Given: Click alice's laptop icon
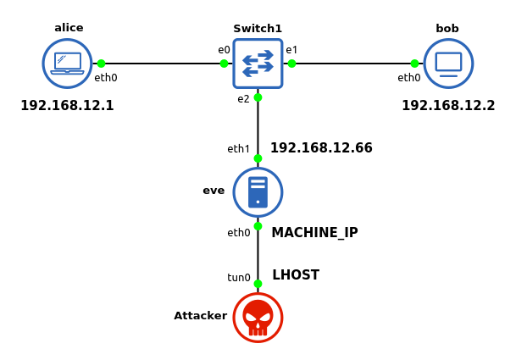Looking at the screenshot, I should pyautogui.click(x=67, y=64).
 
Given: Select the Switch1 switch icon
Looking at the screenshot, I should pyautogui.click(x=258, y=64).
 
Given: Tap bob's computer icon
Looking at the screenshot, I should pyautogui.click(x=448, y=64).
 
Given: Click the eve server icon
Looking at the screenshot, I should pyautogui.click(x=258, y=192).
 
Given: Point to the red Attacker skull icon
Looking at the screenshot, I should pyautogui.click(x=258, y=318).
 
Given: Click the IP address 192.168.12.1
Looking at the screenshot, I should pyautogui.click(x=67, y=106).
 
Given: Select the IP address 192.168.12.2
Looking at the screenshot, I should pyautogui.click(x=448, y=106).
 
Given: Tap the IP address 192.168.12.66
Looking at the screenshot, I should pyautogui.click(x=321, y=148).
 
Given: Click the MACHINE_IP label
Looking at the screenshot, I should pyautogui.click(x=314, y=233).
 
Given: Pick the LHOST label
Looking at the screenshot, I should pyautogui.click(x=296, y=275).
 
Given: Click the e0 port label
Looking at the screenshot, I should pyautogui.click(x=224, y=50).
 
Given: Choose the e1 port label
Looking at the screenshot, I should pyautogui.click(x=291, y=50).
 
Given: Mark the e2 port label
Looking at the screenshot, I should pyautogui.click(x=243, y=99).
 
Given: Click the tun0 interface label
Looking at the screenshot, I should pyautogui.click(x=239, y=278).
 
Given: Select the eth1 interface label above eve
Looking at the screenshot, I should pyautogui.click(x=239, y=149).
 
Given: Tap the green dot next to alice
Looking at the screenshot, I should pyautogui.click(x=101, y=64).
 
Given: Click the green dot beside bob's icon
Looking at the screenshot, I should pyautogui.click(x=414, y=64).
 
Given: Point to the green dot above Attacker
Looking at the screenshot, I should pyautogui.click(x=258, y=284).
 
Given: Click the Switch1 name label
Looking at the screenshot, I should pyautogui.click(x=258, y=29).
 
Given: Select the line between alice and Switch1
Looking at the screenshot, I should pyautogui.click(x=161, y=64).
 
